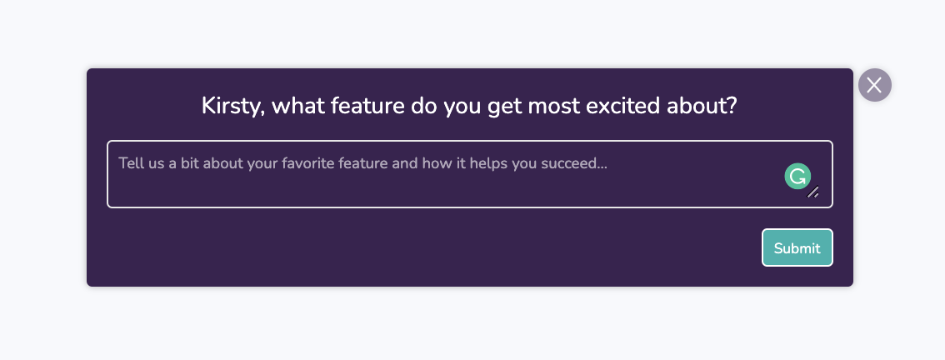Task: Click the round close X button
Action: point(874,85)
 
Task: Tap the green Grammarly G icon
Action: point(797,176)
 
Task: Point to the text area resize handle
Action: point(813,192)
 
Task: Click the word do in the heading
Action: point(424,106)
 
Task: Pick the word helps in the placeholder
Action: point(489,164)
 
